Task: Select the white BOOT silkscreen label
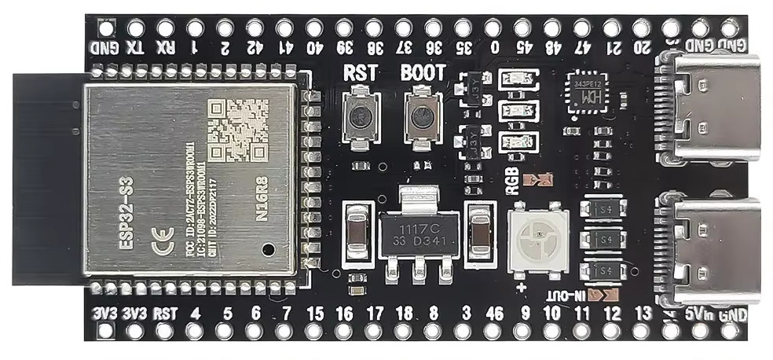pyautogui.click(x=423, y=73)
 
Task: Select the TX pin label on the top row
pyautogui.click(x=136, y=47)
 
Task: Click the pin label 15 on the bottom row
pyautogui.click(x=315, y=314)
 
